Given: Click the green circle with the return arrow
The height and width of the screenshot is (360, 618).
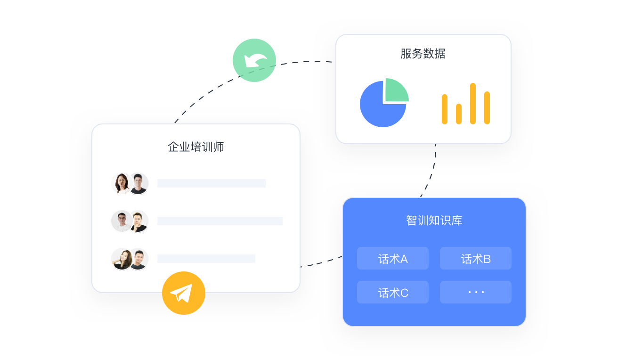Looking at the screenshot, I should [x=254, y=60].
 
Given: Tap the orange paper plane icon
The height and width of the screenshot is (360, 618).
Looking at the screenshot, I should [x=184, y=293].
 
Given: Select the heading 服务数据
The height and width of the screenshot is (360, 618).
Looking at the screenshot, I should [x=423, y=54].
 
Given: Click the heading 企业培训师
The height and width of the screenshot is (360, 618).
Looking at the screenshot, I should [x=196, y=147].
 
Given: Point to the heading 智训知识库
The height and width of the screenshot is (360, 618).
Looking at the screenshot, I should [x=434, y=221].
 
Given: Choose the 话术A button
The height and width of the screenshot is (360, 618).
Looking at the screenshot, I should [x=393, y=259].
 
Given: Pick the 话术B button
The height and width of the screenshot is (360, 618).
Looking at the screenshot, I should [x=476, y=259].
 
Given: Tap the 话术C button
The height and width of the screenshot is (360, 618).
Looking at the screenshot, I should [x=393, y=293].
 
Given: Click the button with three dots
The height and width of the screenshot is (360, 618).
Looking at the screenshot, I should [x=476, y=293].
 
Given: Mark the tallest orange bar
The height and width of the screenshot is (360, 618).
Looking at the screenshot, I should [x=473, y=104].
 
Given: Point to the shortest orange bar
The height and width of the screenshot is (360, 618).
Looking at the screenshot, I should [x=459, y=114].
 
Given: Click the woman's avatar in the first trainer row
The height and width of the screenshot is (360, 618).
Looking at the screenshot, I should [x=122, y=183].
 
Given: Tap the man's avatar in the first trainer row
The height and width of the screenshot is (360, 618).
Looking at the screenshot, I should [x=138, y=183].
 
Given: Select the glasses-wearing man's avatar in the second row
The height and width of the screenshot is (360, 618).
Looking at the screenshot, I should [x=122, y=221].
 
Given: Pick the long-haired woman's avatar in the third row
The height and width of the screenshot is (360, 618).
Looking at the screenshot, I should [x=122, y=259].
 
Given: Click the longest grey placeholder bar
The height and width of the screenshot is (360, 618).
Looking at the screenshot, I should [x=220, y=221].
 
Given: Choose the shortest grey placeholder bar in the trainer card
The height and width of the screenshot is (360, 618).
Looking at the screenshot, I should [x=206, y=259].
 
